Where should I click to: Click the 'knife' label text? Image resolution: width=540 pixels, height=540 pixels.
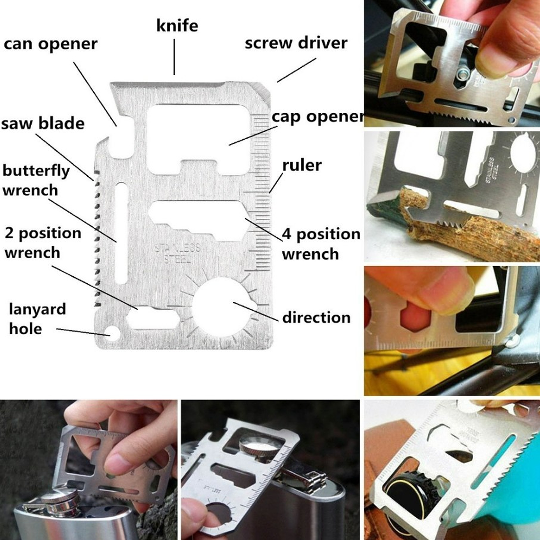(x=177, y=25)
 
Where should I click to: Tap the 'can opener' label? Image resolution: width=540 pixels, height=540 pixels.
(x=50, y=44)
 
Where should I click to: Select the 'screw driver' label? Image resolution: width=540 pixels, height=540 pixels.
(x=296, y=43)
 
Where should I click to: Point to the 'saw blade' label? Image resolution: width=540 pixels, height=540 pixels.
(x=43, y=124)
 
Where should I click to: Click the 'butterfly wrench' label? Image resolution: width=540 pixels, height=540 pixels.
(x=36, y=180)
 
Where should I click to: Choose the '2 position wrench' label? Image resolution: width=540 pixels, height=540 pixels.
(x=43, y=243)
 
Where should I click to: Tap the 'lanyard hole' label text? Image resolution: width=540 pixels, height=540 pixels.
(x=37, y=319)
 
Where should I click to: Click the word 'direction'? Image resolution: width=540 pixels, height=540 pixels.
(x=316, y=317)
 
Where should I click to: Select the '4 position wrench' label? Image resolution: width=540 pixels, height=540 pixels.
(x=321, y=243)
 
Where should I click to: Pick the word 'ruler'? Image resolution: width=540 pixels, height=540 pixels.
(x=302, y=165)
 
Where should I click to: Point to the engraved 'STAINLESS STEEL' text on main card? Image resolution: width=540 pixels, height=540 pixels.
(x=178, y=253)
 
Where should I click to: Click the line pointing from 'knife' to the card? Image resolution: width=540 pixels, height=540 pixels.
(x=174, y=57)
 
